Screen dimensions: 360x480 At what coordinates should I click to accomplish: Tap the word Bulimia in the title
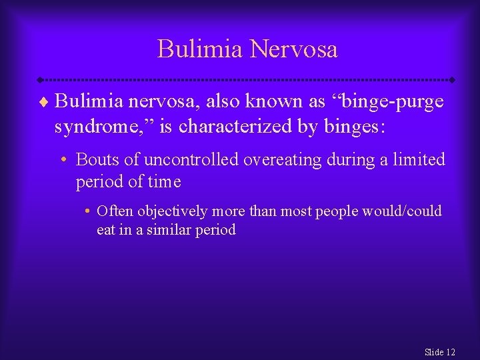click(201, 49)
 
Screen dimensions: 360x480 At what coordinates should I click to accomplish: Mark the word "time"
click(165, 181)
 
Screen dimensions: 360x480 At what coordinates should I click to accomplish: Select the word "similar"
click(174, 230)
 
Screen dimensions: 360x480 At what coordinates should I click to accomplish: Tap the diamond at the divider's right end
click(451, 79)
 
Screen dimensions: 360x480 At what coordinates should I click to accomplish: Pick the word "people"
click(336, 211)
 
